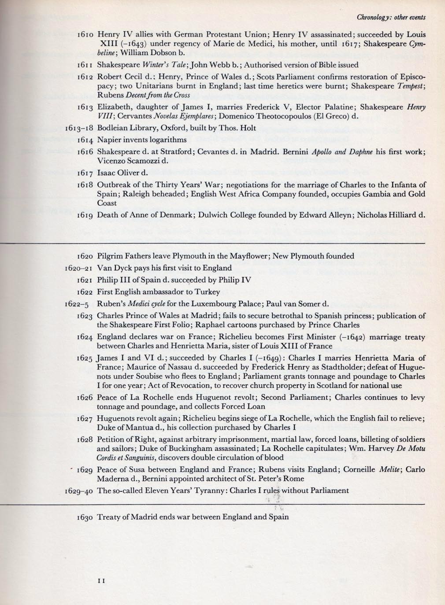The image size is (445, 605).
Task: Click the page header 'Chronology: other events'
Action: (391, 18)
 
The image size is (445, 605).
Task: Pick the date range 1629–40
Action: (79, 491)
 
